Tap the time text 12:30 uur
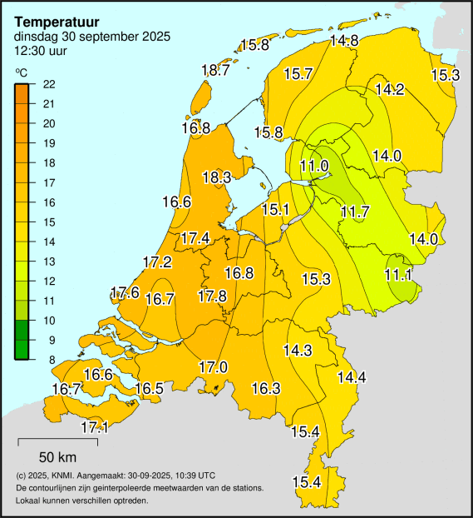tap(41, 50)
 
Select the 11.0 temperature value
tap(313, 167)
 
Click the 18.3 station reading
tap(216, 177)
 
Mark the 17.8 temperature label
tap(212, 296)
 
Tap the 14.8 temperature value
tap(343, 41)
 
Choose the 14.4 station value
tap(351, 377)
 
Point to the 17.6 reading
tap(125, 292)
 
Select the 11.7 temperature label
tap(355, 212)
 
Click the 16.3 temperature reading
tap(265, 388)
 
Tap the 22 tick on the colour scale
tap(48, 83)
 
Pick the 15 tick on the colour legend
tap(48, 222)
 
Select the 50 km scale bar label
tap(58, 456)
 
